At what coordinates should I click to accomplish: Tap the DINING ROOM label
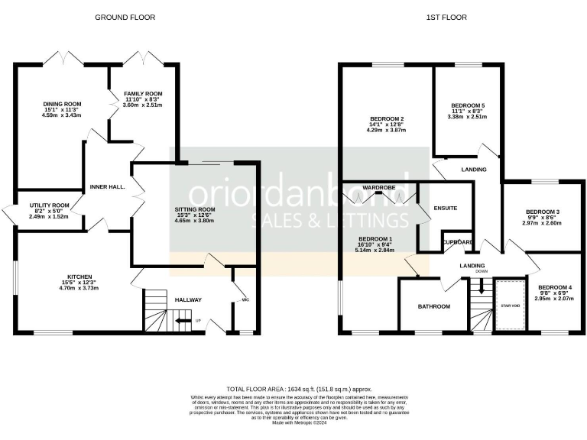pyautogui.click(x=62, y=104)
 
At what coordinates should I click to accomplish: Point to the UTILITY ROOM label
pyautogui.click(x=50, y=205)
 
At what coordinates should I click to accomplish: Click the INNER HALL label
pyautogui.click(x=107, y=186)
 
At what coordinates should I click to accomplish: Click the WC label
pyautogui.click(x=245, y=299)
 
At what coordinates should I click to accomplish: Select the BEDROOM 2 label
pyautogui.click(x=387, y=119)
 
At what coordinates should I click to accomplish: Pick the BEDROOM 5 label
pyautogui.click(x=468, y=105)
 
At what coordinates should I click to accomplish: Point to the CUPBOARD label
pyautogui.click(x=457, y=242)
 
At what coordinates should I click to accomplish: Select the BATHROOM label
pyautogui.click(x=433, y=306)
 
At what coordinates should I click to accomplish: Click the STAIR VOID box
pyautogui.click(x=508, y=306)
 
